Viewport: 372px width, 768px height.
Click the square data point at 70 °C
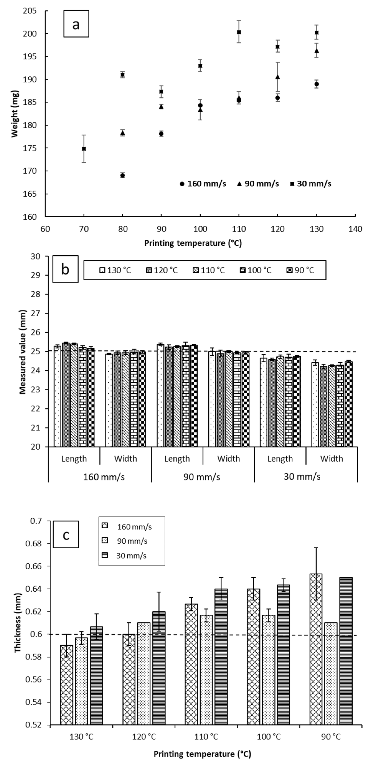(x=84, y=148)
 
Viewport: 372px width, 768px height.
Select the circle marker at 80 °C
(x=123, y=175)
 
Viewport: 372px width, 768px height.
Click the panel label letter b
(x=65, y=269)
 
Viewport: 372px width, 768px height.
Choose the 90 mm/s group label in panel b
(x=202, y=477)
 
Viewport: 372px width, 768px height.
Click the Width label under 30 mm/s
(x=332, y=459)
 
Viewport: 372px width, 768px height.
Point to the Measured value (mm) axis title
(x=23, y=352)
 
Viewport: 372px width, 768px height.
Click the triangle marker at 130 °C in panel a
(x=317, y=51)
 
